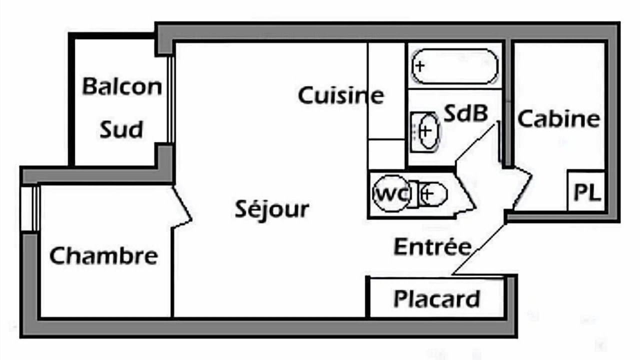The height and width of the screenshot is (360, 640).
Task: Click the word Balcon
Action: point(122,86)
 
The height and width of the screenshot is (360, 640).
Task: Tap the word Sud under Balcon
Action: point(121,129)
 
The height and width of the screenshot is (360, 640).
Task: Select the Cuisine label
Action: point(341,95)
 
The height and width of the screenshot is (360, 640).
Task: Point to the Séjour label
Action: point(271,209)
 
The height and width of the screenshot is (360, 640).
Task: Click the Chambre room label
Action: point(103,255)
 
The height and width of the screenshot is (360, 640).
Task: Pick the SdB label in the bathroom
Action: point(466,113)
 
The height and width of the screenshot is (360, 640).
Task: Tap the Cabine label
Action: point(559,118)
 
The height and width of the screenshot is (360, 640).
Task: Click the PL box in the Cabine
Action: point(586,191)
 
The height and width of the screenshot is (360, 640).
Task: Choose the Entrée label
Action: point(432,246)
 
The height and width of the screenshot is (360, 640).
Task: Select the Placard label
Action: point(436,299)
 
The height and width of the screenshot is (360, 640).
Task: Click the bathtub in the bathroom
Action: point(454,66)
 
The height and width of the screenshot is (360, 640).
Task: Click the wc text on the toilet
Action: point(391,194)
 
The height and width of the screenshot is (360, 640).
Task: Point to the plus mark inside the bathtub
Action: point(420,66)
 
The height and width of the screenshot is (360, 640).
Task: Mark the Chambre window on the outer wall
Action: point(29,209)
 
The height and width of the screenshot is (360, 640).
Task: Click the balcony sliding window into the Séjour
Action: point(171,99)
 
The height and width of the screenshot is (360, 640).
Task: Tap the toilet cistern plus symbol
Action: point(427,194)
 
